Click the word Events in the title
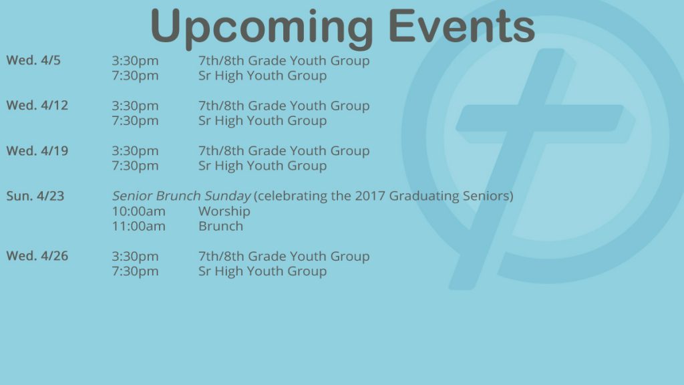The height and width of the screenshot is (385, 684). (462, 26)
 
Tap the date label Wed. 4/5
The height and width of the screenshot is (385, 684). (33, 60)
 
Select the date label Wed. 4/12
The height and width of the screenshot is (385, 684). (37, 106)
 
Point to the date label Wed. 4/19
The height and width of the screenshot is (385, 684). (37, 151)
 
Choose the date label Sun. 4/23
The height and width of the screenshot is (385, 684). (35, 196)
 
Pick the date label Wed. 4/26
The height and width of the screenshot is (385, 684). (37, 256)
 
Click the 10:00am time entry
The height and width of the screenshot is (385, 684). (139, 211)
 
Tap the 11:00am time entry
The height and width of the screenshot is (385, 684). (139, 226)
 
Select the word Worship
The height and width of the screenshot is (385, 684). (224, 211)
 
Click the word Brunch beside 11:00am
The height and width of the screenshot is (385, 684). (220, 226)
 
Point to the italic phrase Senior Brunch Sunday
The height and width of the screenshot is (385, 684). (182, 196)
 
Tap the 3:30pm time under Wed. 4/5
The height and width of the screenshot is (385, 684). (135, 61)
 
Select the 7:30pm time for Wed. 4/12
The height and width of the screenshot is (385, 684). (135, 121)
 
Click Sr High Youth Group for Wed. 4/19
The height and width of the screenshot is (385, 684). (263, 166)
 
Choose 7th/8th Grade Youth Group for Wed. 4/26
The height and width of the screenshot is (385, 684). (284, 256)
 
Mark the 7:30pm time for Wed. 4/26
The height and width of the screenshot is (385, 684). (135, 271)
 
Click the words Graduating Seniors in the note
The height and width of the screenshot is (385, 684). (449, 197)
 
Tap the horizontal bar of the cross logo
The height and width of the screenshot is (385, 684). (540, 118)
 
